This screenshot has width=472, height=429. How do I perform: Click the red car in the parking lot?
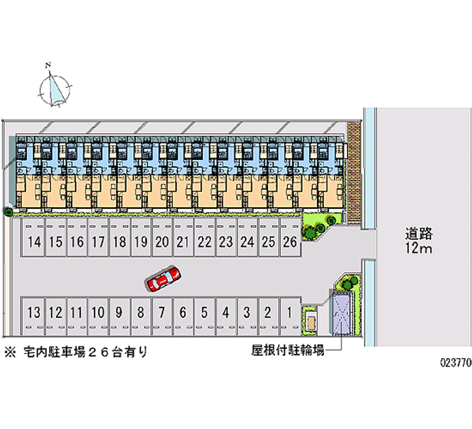(162, 279)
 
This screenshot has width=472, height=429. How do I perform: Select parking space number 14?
(35, 241)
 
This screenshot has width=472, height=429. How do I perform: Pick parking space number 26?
(290, 241)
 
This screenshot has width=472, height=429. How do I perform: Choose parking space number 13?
(35, 313)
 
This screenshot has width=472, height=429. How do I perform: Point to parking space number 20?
(162, 241)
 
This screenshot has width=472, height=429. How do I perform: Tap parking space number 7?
(162, 313)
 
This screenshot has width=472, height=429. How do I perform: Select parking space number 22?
(205, 241)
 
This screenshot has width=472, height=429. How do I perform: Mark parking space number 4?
(225, 313)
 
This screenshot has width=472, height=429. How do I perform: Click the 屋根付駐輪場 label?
(287, 351)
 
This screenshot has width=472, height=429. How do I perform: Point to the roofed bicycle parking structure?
(342, 313)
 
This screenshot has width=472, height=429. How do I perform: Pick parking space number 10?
(98, 313)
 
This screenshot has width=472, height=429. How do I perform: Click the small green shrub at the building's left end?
(8, 211)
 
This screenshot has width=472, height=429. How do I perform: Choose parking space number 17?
(98, 241)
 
